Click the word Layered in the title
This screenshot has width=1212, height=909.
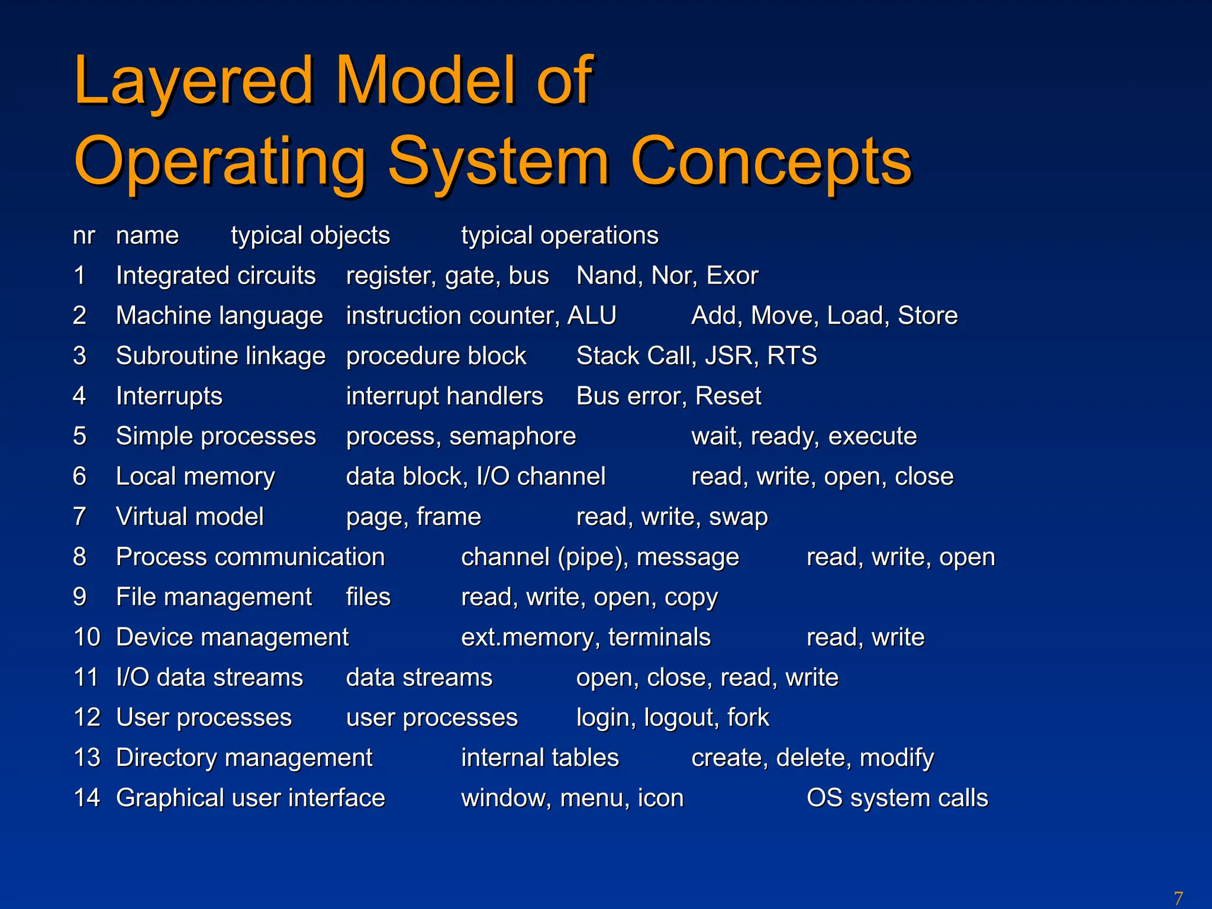point(193,81)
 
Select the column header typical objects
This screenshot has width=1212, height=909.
point(310,236)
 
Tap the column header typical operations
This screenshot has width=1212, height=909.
point(559,236)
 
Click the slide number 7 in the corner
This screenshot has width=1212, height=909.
point(1178,898)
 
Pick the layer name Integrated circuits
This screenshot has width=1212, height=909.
point(215,276)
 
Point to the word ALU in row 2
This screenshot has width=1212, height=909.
point(592,315)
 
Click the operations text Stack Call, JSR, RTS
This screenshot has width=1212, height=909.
point(697,356)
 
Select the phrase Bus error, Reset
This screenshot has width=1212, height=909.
point(669,396)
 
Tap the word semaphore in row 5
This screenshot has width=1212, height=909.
point(512,437)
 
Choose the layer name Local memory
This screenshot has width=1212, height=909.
point(195,477)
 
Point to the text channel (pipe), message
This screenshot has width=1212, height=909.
point(599,557)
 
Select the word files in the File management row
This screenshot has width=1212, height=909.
point(368,597)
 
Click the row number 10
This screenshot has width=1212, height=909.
point(87,637)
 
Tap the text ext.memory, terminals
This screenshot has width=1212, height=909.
point(586,638)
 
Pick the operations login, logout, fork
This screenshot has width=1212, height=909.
point(672,718)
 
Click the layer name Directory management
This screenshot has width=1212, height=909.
point(244,758)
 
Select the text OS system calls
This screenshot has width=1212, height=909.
point(897,798)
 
